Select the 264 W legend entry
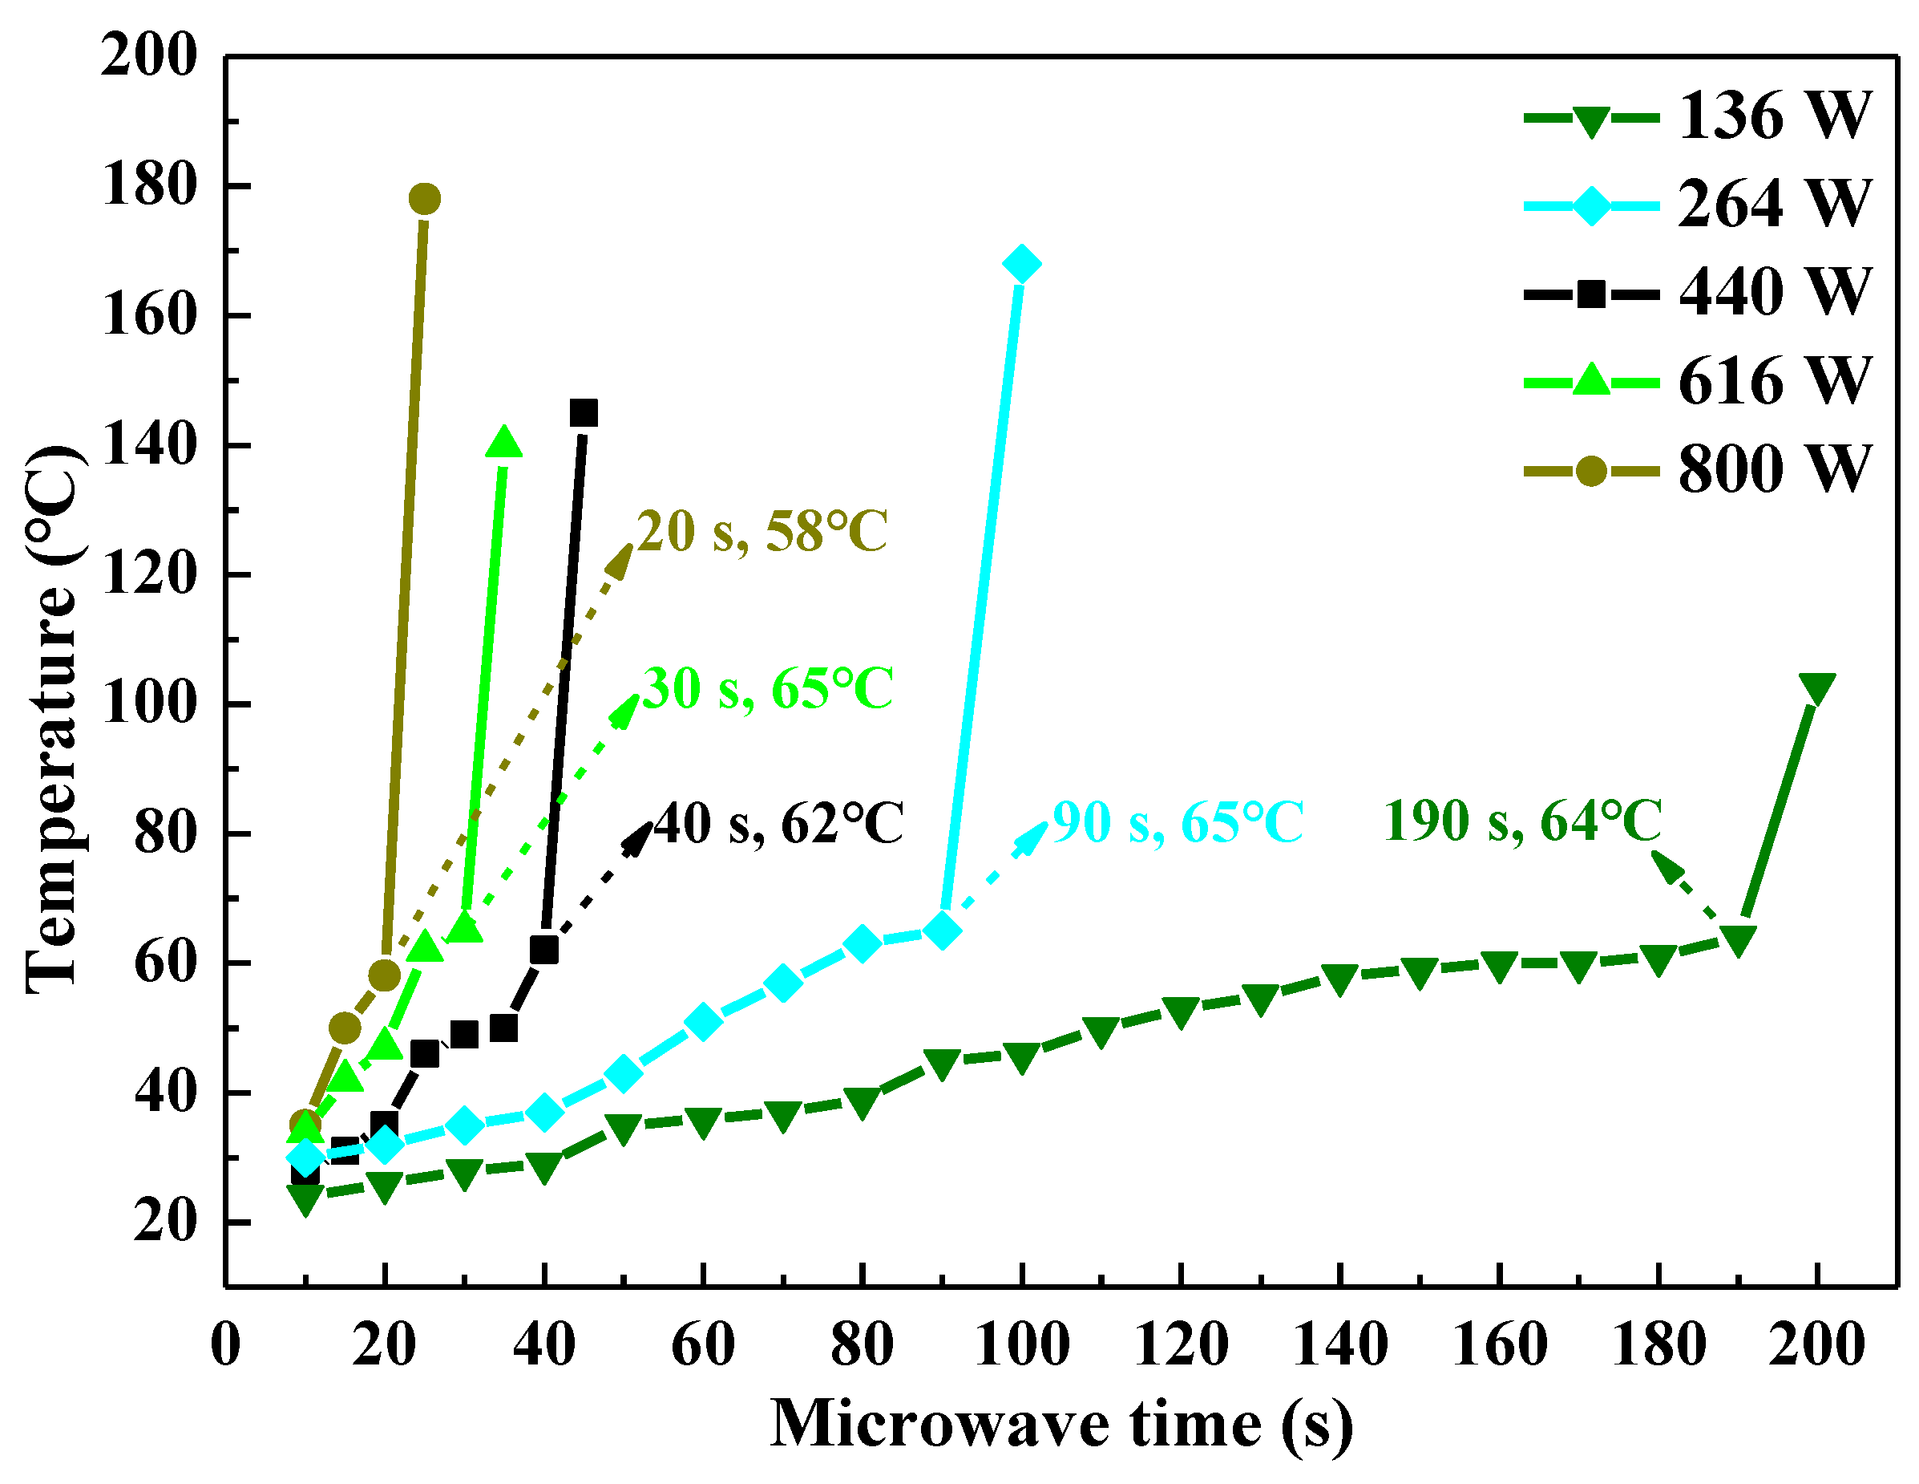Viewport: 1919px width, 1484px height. (1696, 205)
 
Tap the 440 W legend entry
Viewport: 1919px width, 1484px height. (1696, 293)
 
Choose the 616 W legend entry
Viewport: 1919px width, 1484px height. (1696, 382)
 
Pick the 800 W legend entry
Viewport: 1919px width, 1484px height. (1696, 469)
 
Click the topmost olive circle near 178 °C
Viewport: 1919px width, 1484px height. (424, 200)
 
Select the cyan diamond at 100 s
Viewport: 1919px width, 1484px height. (1021, 264)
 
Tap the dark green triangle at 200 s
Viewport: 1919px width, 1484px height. (1816, 688)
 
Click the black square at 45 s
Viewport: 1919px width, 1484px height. (584, 412)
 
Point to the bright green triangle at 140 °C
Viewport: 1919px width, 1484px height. (503, 443)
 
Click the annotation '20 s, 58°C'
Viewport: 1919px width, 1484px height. (761, 532)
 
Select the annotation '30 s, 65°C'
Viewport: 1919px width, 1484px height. (767, 688)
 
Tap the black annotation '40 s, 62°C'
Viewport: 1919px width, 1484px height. (778, 825)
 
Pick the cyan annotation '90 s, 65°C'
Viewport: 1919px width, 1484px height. (1178, 823)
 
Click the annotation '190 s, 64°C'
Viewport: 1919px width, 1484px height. (1523, 821)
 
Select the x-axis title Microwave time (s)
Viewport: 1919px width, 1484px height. (1061, 1424)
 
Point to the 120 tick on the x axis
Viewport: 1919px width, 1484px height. (1180, 1346)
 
